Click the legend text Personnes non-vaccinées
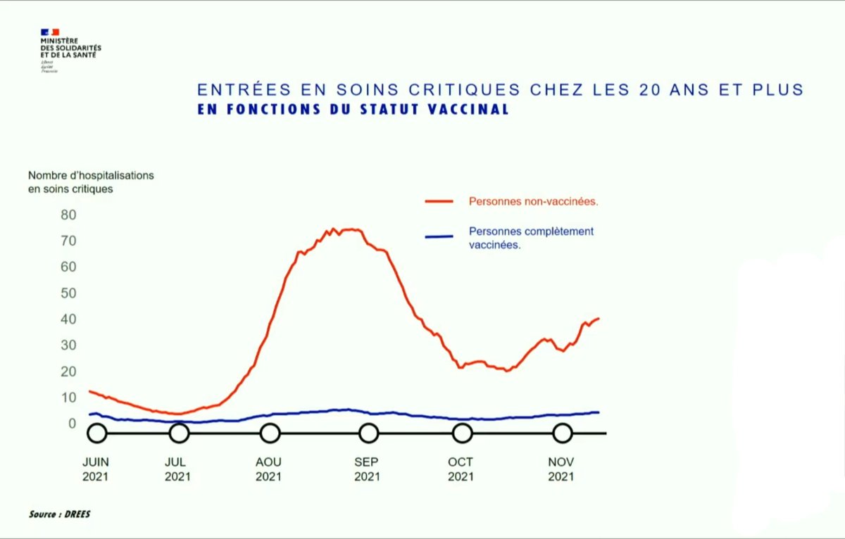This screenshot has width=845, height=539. [x=533, y=201]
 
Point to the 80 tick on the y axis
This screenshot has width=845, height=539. [x=68, y=214]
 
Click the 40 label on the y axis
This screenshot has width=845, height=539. [x=68, y=319]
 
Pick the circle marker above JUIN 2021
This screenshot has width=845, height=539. [x=97, y=433]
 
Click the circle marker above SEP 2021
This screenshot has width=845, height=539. [x=368, y=433]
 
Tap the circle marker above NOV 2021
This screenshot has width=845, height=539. [x=562, y=433]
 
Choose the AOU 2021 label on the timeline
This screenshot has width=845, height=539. [x=268, y=469]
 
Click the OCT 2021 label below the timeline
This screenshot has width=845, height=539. [x=461, y=469]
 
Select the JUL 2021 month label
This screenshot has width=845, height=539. [x=178, y=469]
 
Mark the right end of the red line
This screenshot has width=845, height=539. [x=598, y=319]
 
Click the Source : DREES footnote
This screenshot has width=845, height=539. [x=60, y=514]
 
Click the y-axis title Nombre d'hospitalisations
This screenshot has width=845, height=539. [x=90, y=175]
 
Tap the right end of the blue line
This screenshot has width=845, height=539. [x=598, y=412]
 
